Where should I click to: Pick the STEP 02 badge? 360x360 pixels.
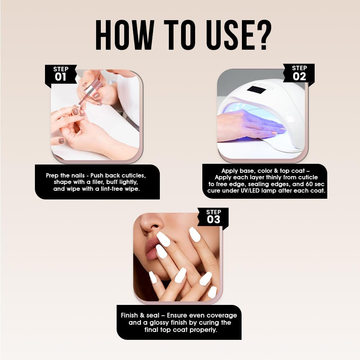[x=299, y=73]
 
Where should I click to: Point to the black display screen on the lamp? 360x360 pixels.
[x=257, y=90]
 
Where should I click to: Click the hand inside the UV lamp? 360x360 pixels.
[x=250, y=125]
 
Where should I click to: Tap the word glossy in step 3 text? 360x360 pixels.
[x=159, y=323]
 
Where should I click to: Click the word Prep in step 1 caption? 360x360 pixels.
[x=52, y=176]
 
